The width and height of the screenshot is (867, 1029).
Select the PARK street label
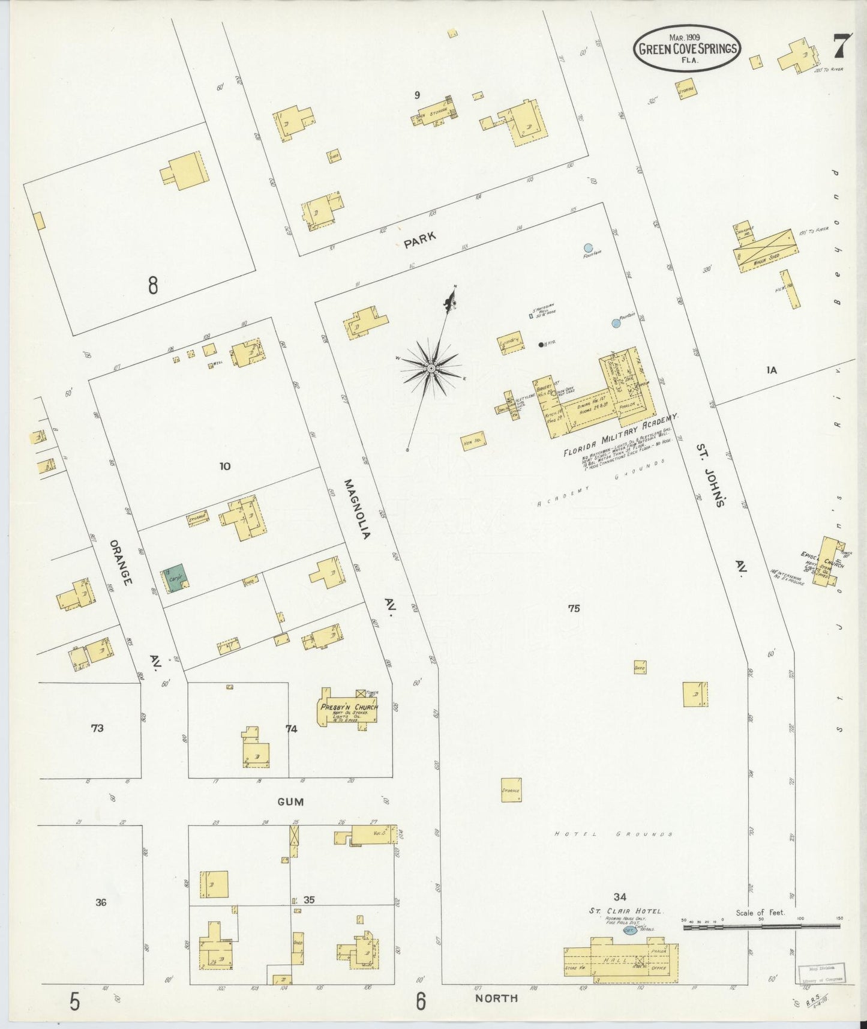[419, 240]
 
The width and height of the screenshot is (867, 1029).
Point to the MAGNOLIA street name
[358, 508]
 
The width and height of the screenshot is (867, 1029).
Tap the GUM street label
[290, 801]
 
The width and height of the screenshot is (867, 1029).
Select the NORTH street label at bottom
[496, 998]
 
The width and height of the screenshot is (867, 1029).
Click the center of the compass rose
[431, 367]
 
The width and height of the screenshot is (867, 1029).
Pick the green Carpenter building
[176, 578]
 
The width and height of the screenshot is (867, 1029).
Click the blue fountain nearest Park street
[589, 247]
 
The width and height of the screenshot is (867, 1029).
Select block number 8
[153, 285]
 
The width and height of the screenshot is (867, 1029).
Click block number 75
[574, 608]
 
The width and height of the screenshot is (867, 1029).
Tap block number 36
[101, 902]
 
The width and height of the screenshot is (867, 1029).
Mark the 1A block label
[772, 370]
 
